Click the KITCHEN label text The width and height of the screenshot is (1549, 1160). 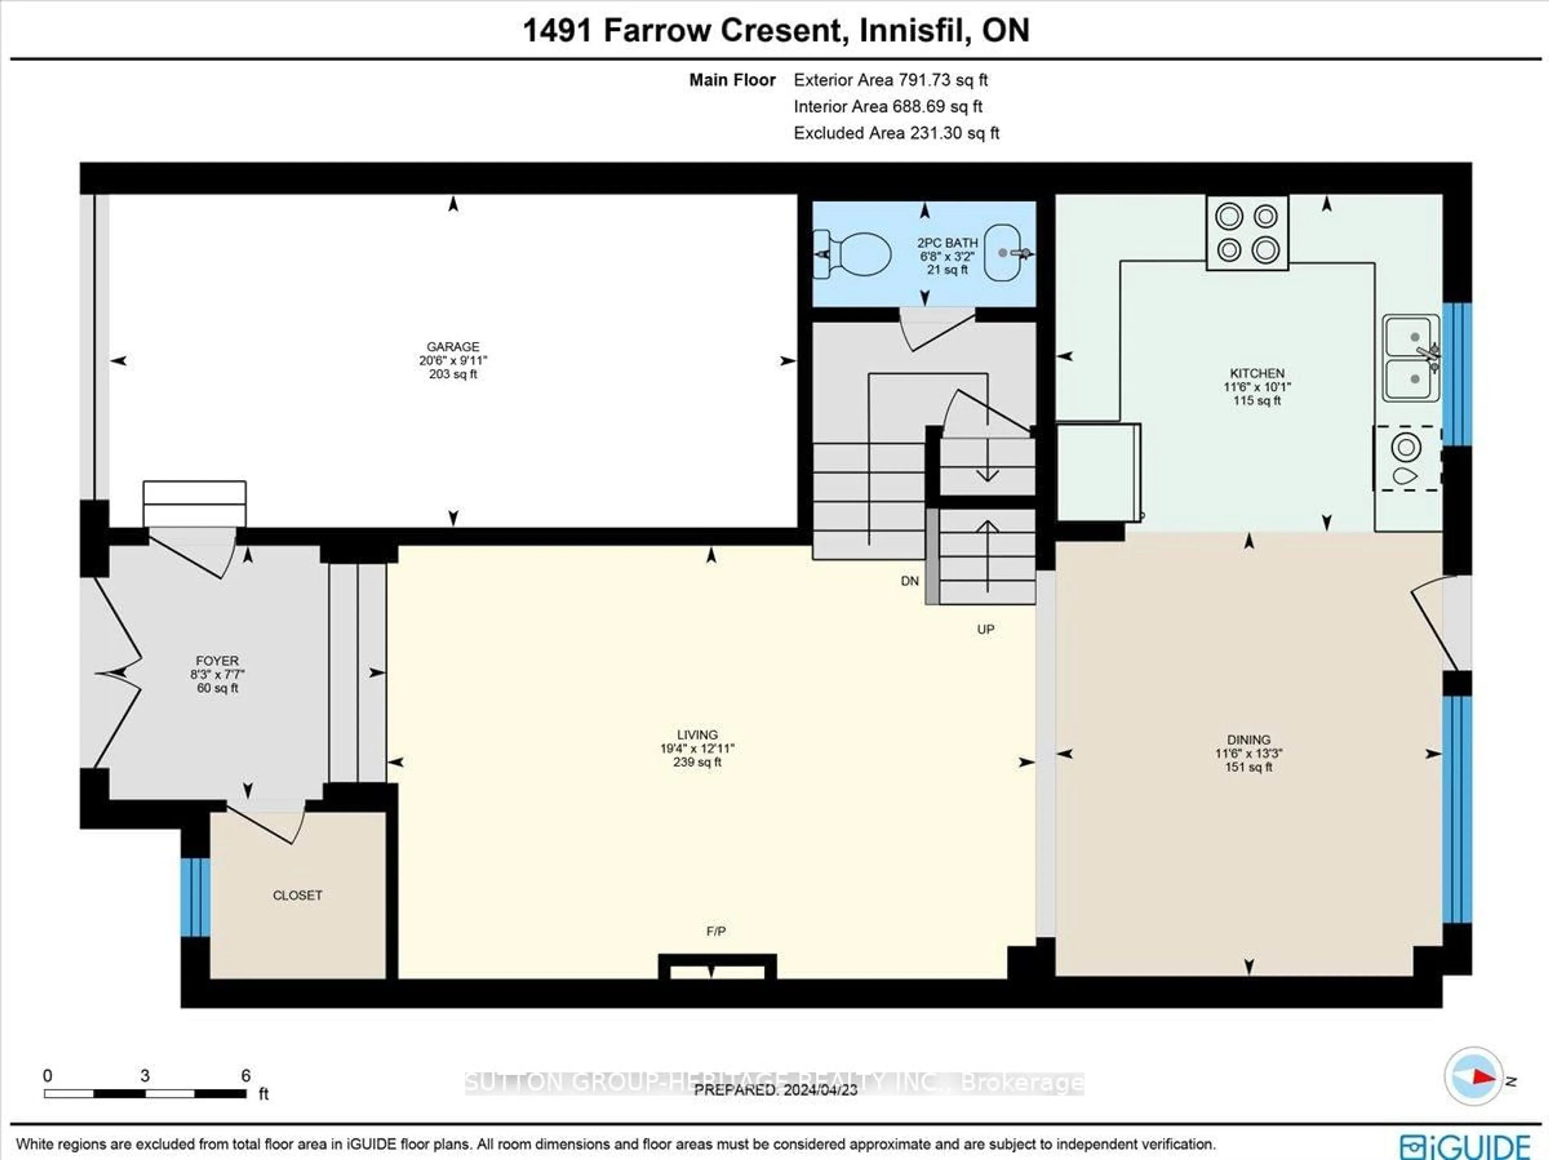click(x=1257, y=373)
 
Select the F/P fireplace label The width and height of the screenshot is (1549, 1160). click(x=716, y=931)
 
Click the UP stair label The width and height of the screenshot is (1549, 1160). click(x=985, y=629)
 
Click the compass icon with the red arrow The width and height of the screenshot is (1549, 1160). click(x=1473, y=1077)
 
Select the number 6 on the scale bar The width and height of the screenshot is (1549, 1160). click(x=246, y=1075)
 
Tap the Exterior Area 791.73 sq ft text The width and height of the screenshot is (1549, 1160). click(x=890, y=80)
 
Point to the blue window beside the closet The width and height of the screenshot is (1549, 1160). click(x=195, y=897)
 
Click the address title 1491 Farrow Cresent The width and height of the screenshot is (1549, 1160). click(x=776, y=31)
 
